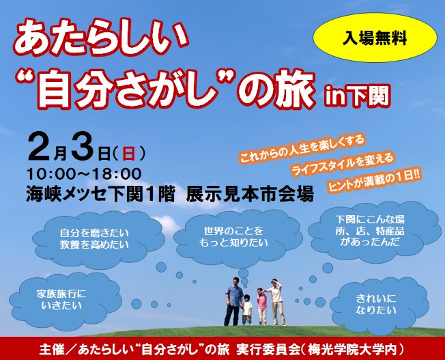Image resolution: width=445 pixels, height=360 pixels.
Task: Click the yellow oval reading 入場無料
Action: coord(375,37)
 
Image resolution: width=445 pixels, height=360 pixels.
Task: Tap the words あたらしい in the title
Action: coord(102,38)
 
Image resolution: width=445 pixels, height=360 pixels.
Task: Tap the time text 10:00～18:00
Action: coord(84,174)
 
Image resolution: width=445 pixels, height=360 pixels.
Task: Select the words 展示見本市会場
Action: coord(250,194)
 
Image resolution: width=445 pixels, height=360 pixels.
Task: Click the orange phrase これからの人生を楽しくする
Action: coord(302,149)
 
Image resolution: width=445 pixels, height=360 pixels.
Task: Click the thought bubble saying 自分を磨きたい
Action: coord(94,239)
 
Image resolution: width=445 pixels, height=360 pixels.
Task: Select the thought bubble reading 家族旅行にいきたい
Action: coord(61,300)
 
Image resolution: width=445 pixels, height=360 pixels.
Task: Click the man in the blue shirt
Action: coord(233,301)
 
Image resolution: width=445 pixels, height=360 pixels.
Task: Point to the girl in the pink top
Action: coord(262,306)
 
